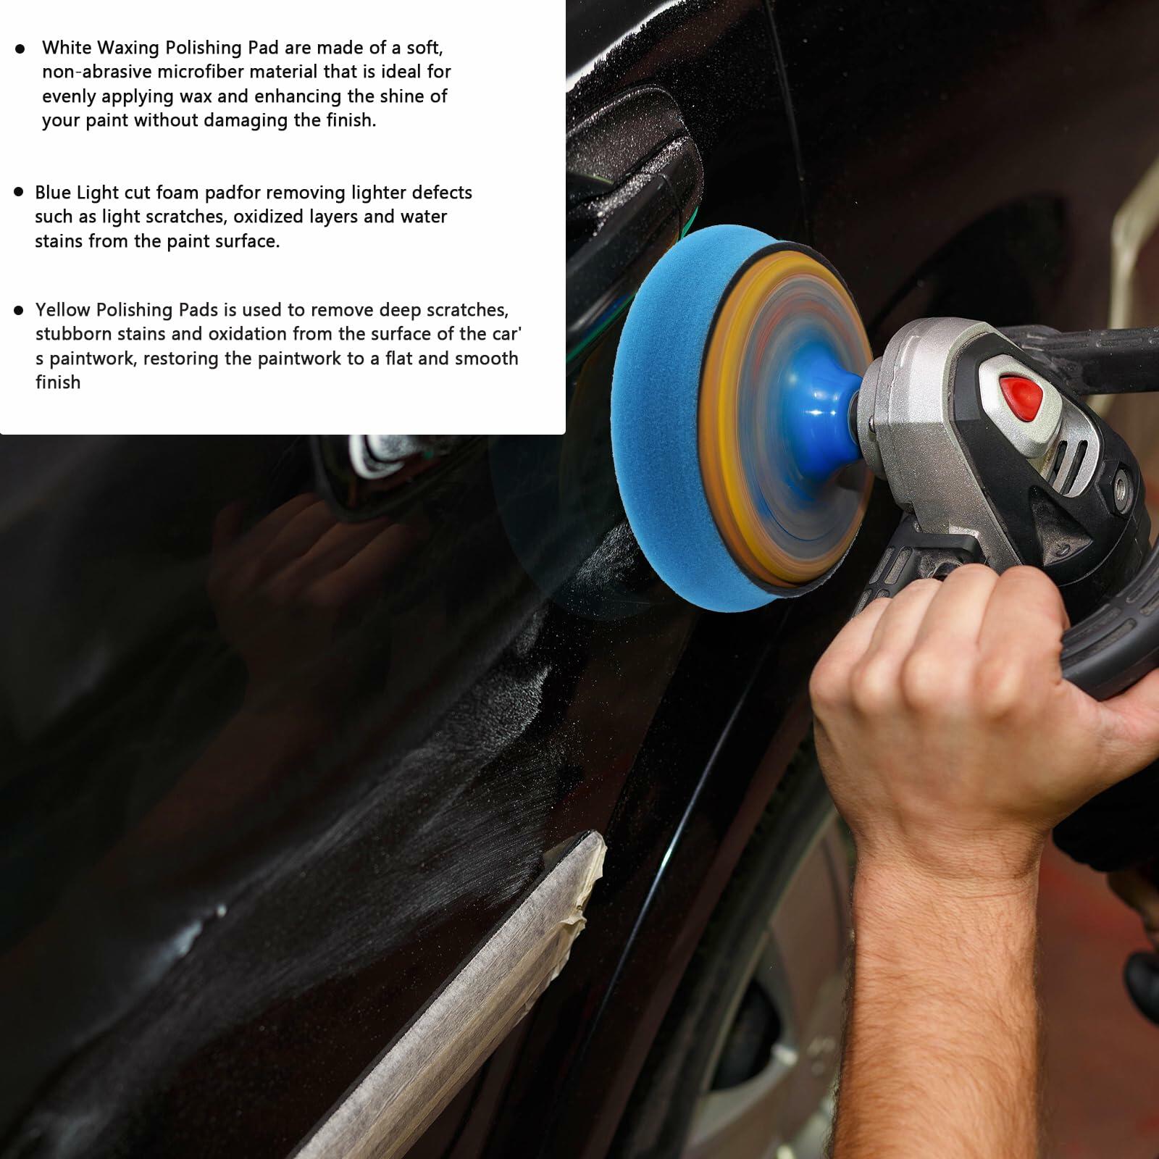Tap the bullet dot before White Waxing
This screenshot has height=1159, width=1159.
(20, 49)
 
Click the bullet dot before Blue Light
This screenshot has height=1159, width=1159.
(19, 192)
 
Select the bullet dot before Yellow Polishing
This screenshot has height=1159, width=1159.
(19, 310)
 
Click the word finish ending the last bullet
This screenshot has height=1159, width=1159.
(58, 382)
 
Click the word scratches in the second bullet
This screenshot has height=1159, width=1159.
(185, 217)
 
